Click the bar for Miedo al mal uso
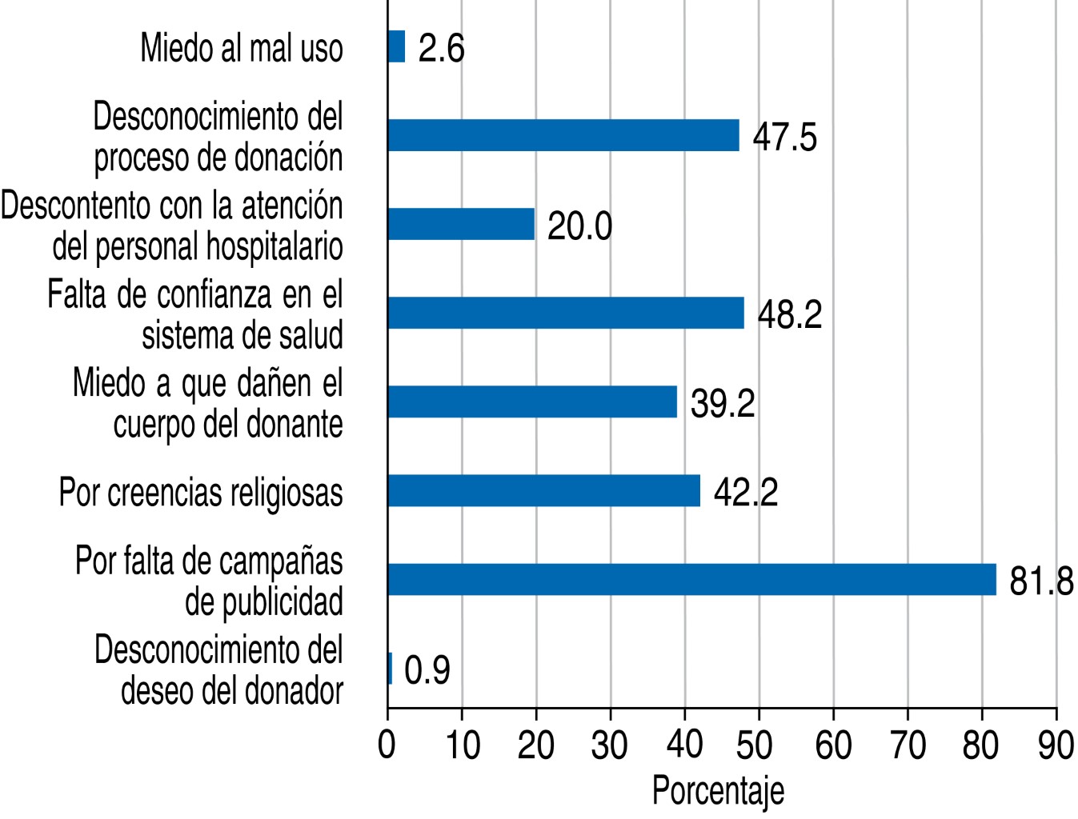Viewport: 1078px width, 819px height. [x=396, y=46]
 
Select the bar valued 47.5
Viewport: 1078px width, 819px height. [x=563, y=135]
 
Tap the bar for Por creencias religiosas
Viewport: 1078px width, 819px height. [x=543, y=490]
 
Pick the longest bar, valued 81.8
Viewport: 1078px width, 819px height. [x=691, y=579]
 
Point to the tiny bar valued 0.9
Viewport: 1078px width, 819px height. [x=390, y=668]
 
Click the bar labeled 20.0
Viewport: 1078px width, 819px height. [x=461, y=224]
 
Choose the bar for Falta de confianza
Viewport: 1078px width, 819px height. [x=566, y=313]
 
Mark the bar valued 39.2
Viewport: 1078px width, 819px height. [x=532, y=402]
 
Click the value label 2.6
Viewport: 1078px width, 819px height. [x=441, y=48]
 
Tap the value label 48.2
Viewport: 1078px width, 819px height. [x=789, y=314]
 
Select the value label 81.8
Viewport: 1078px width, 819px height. [x=1041, y=581]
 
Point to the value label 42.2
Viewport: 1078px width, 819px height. [x=745, y=493]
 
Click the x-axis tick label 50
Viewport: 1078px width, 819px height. [x=759, y=745]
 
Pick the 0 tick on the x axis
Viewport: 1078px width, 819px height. [x=387, y=745]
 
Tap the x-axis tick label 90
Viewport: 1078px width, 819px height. [x=1056, y=745]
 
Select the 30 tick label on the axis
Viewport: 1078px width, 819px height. [x=610, y=745]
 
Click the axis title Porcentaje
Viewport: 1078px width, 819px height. [x=718, y=791]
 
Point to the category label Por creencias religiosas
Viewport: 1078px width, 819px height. [x=201, y=492]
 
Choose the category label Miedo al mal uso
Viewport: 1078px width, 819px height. [x=242, y=48]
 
